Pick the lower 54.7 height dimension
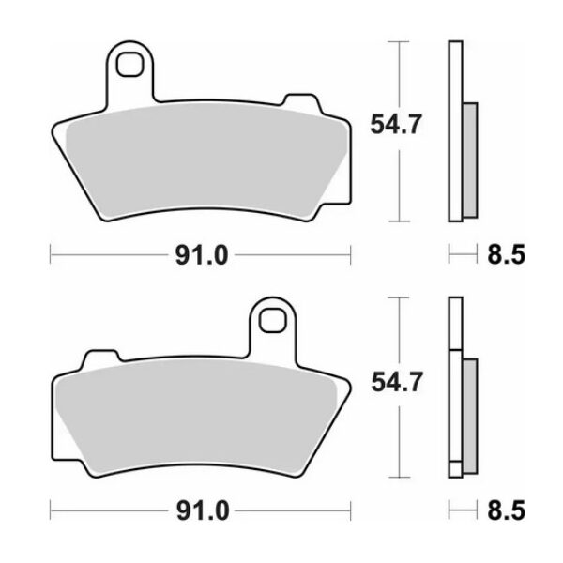tap(387, 381)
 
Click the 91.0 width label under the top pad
tap(200, 253)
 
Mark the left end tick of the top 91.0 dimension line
tap(50, 253)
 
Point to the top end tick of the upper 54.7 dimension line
tap(402, 42)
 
